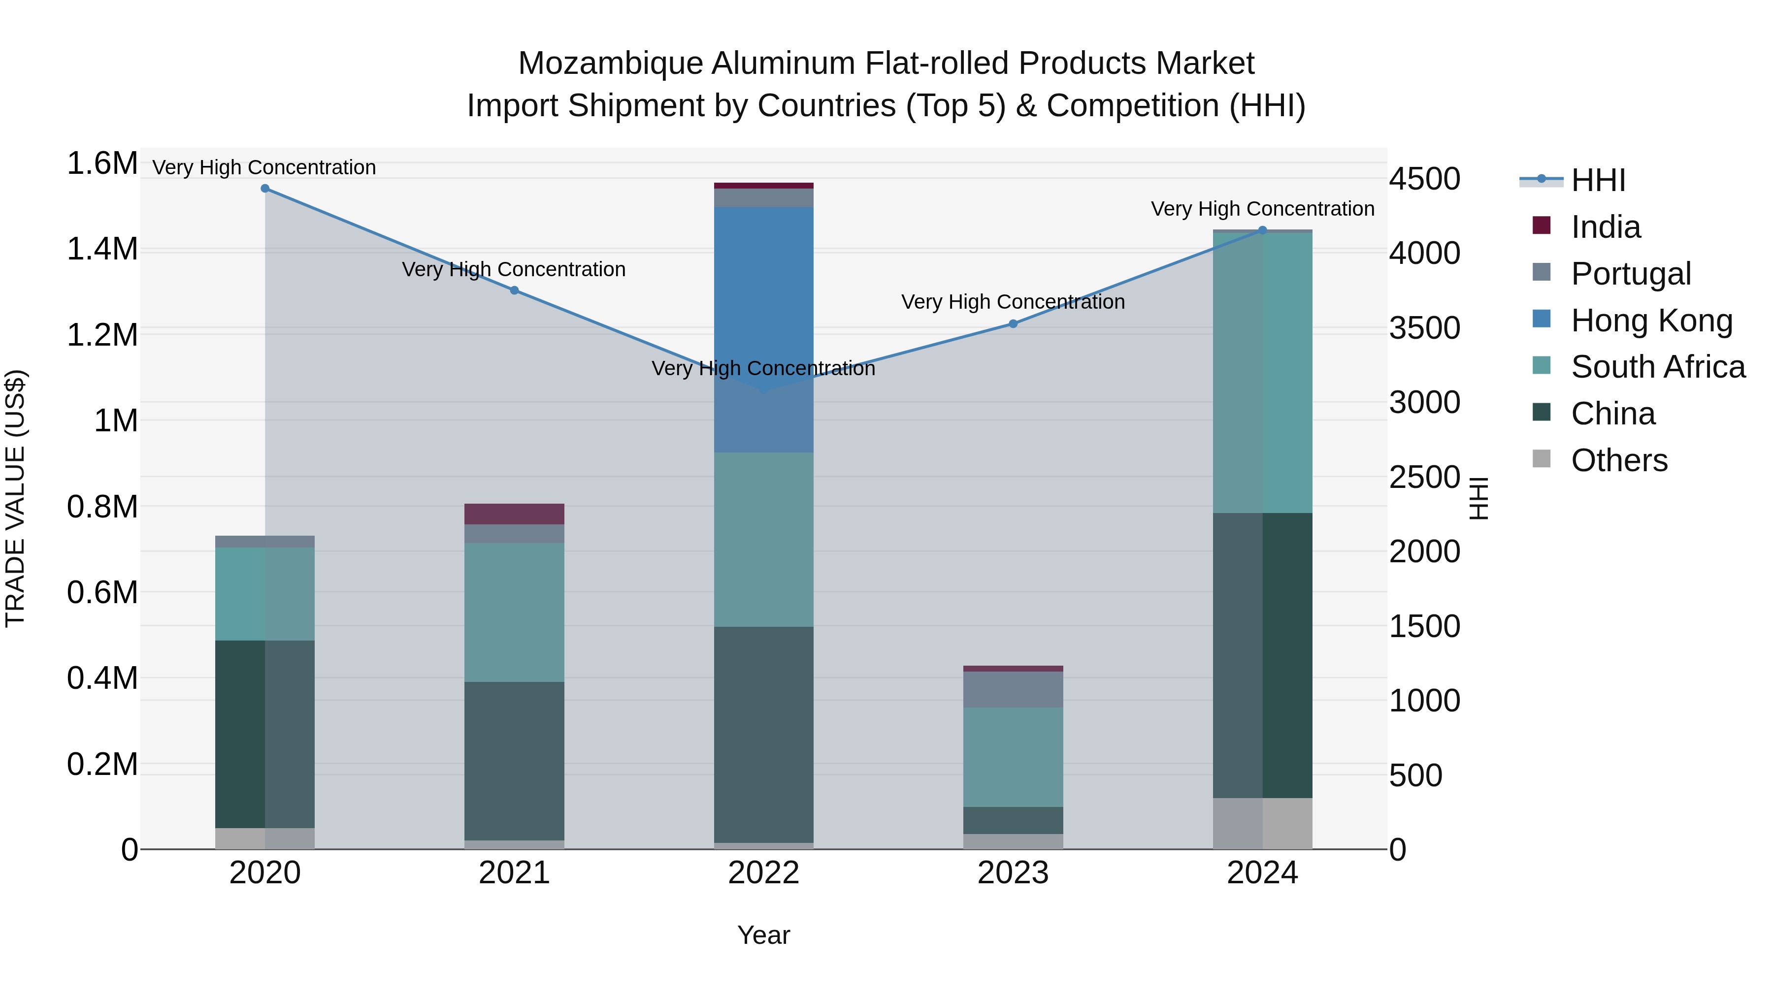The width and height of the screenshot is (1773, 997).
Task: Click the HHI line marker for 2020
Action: (265, 189)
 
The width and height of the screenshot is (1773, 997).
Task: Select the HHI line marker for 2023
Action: (1013, 323)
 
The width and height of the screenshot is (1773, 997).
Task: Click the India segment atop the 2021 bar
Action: (514, 514)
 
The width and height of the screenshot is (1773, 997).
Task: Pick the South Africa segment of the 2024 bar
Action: (1262, 372)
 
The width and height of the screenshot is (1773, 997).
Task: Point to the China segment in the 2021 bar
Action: (514, 760)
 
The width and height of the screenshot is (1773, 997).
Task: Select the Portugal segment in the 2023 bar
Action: (1013, 689)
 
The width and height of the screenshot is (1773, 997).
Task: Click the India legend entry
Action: (1605, 227)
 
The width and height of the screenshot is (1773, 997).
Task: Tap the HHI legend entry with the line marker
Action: (1597, 180)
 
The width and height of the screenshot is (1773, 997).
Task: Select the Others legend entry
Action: (1619, 460)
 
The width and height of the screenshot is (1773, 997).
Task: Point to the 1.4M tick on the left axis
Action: (102, 249)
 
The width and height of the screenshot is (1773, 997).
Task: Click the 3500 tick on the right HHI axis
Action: (1424, 328)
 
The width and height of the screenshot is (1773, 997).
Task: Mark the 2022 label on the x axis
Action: (763, 873)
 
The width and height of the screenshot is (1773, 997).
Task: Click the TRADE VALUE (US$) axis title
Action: (15, 498)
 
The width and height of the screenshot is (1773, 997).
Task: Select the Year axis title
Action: (763, 935)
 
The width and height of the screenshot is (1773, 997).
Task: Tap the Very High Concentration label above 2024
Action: (1262, 208)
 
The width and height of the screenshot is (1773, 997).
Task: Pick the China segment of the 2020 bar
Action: (265, 734)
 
